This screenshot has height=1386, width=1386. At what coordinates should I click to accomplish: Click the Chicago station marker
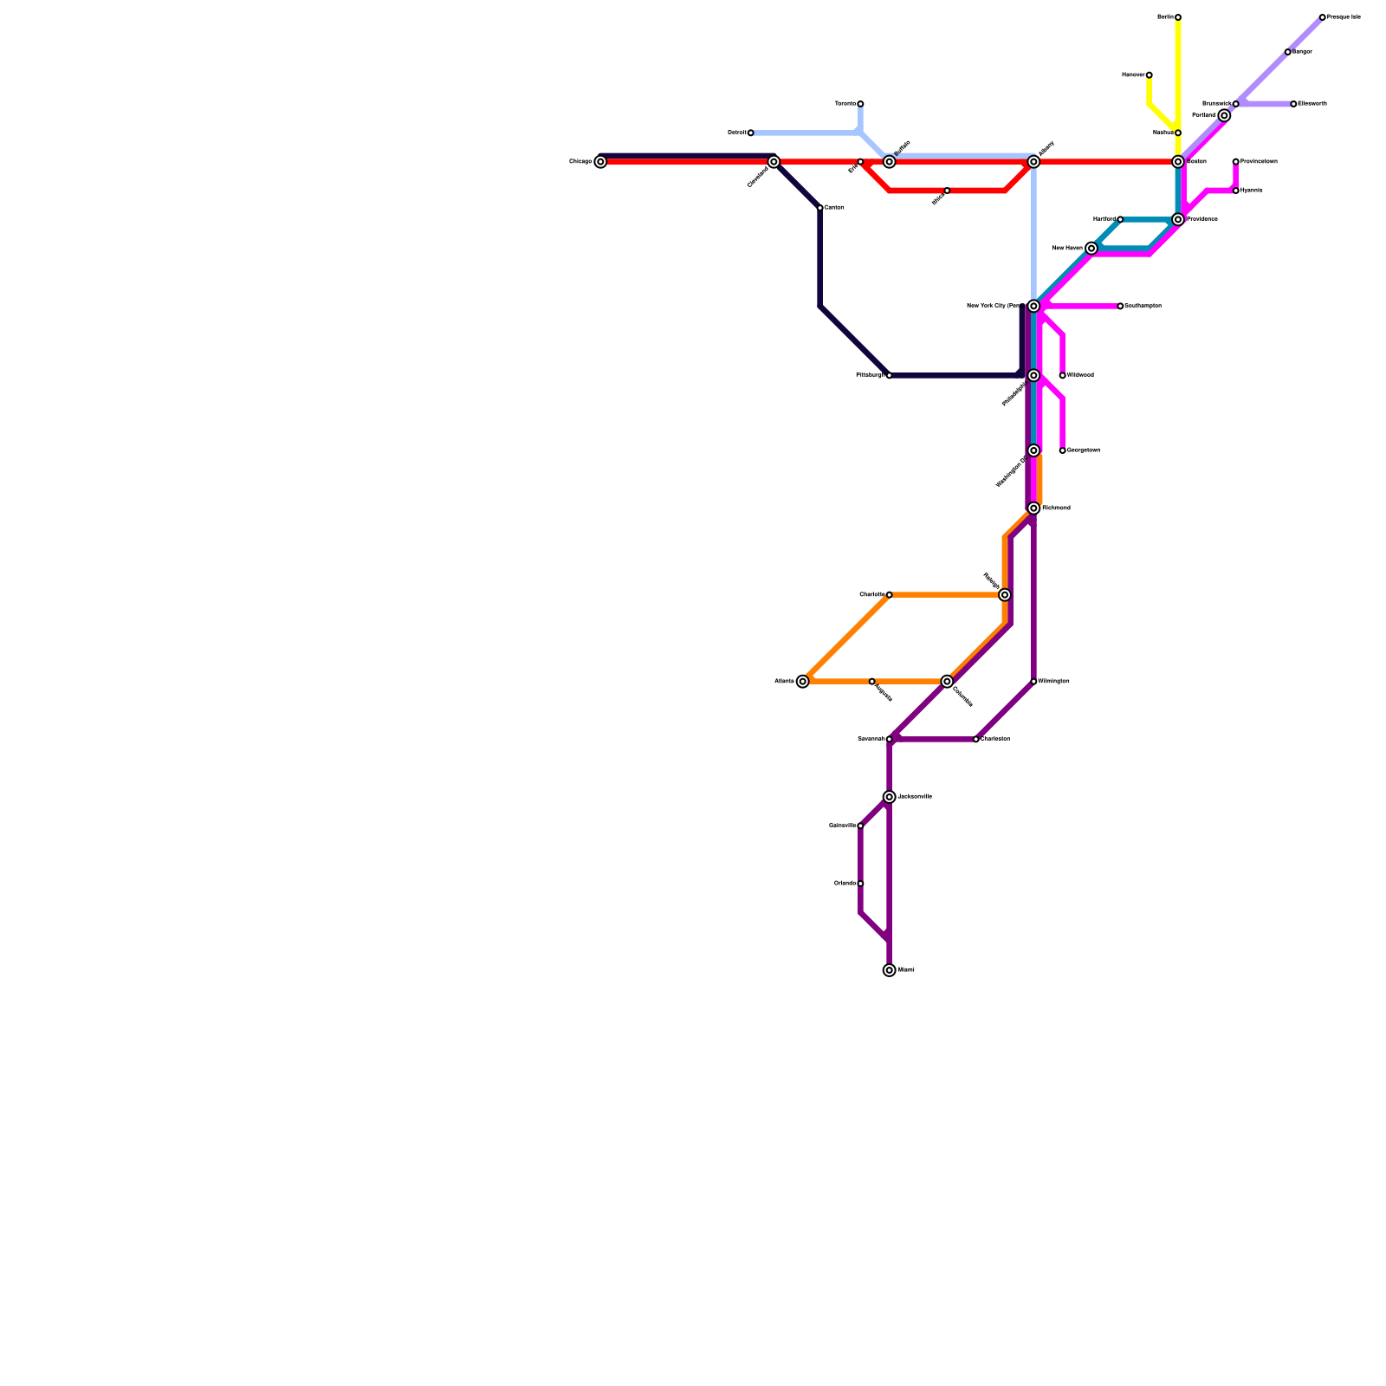click(x=600, y=162)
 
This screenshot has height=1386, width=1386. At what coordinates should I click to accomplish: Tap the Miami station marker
click(x=889, y=970)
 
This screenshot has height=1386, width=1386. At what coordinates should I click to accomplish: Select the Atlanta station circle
click(x=803, y=682)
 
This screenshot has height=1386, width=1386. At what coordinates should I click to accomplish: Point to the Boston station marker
click(x=1178, y=162)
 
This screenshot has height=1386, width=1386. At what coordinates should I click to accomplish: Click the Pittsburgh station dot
click(x=889, y=376)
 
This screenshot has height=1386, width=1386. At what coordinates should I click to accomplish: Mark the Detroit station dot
click(x=750, y=133)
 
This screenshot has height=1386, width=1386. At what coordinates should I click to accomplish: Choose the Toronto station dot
click(x=860, y=104)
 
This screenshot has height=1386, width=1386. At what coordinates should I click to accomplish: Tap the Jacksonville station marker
click(x=889, y=797)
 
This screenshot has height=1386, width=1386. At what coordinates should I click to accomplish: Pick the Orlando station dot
click(x=860, y=884)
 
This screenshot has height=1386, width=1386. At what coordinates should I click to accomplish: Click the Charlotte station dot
click(x=889, y=595)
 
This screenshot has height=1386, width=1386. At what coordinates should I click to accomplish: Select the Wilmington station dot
click(x=1033, y=682)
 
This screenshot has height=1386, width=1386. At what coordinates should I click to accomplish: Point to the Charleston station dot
click(x=976, y=740)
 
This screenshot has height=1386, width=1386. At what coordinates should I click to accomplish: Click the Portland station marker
click(x=1224, y=116)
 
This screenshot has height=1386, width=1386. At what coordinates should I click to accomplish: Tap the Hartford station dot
click(x=1120, y=220)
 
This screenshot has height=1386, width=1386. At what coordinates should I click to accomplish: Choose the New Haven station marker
click(x=1091, y=249)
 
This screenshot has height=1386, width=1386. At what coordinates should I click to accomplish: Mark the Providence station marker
click(x=1178, y=220)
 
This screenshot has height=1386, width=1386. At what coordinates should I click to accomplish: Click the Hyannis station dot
click(x=1235, y=191)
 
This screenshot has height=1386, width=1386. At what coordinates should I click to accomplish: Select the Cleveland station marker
click(x=774, y=162)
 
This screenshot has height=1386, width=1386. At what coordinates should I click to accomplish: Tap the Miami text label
click(x=906, y=970)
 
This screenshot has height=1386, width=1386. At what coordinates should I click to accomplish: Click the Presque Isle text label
click(x=1344, y=17)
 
